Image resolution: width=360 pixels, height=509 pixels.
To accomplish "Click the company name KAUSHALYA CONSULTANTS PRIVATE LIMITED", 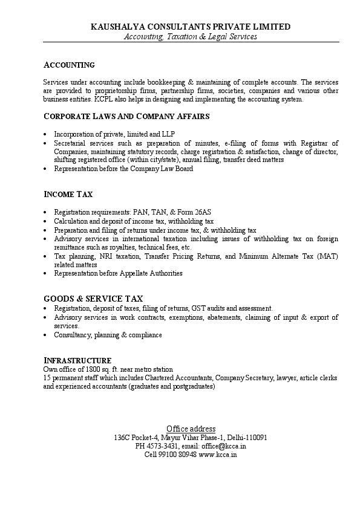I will coord(191,27).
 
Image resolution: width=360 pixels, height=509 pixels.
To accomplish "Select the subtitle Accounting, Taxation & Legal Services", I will coord(191,37).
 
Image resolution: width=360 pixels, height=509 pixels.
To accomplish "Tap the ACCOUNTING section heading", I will coord(69,65).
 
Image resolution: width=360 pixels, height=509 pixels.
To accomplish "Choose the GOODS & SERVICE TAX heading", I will coord(93,299).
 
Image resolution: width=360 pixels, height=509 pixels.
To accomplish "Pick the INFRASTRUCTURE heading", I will coord(77,360).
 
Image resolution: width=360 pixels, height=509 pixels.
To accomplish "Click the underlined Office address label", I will coord(191,429).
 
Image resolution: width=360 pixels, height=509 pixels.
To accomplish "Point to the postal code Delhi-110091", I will coord(246,438).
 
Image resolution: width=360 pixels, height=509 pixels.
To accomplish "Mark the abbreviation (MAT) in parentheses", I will coord(327,256).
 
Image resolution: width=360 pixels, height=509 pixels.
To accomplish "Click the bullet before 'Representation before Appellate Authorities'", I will coord(47,274).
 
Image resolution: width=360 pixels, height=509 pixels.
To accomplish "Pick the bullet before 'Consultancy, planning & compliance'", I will coord(47,335).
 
